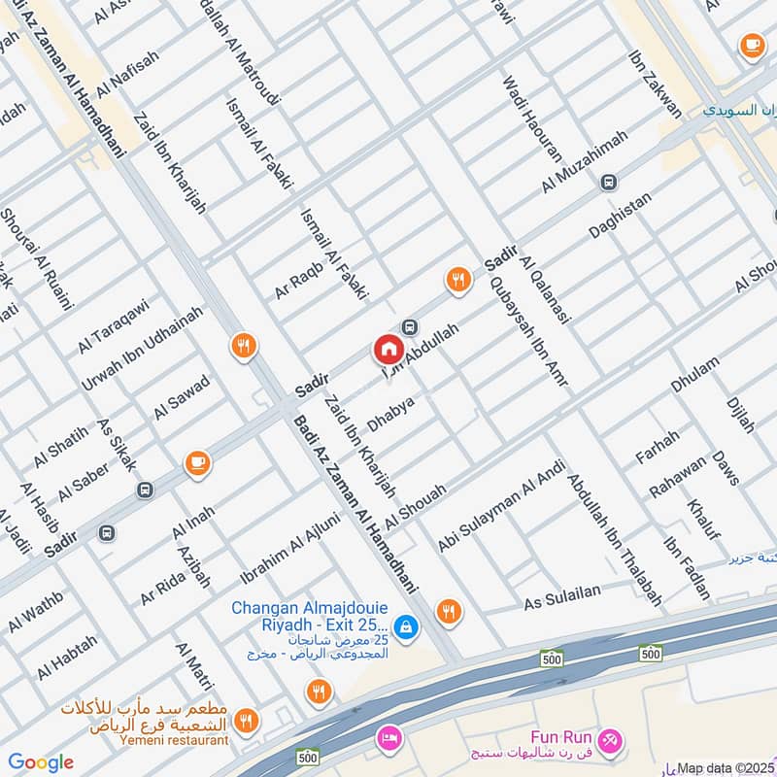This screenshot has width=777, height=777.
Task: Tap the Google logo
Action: (x=40, y=762)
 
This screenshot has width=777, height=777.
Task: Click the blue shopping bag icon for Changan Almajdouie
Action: (x=408, y=628)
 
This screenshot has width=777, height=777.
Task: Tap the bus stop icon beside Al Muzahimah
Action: (x=609, y=182)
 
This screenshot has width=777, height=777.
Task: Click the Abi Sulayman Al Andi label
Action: (x=501, y=508)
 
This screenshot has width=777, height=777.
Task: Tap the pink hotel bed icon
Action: (x=390, y=737)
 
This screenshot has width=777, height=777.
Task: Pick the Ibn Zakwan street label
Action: (x=656, y=84)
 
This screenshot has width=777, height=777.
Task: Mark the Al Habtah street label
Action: (x=67, y=658)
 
